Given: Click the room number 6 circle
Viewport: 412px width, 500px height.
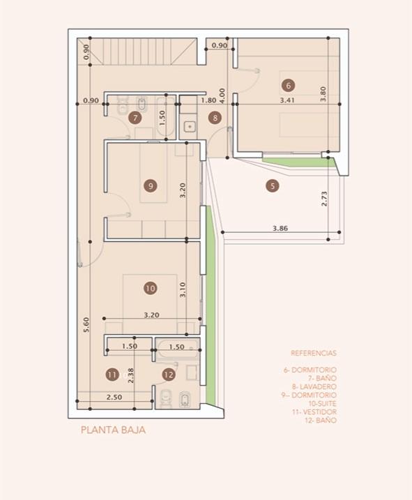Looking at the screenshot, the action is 289,86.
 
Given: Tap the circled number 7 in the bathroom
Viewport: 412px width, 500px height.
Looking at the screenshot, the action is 135,118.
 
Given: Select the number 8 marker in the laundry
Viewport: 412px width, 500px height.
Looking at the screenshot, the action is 215,118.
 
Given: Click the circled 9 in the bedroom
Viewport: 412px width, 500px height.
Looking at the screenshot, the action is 151,185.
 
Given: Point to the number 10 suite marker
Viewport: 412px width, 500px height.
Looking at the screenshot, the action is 151,288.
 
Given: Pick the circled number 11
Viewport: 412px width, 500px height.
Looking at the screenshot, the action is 112,374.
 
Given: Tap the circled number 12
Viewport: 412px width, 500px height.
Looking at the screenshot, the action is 169,374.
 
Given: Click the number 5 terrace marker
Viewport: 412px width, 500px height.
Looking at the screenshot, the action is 273,185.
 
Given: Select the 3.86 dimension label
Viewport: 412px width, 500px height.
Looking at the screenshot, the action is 280,228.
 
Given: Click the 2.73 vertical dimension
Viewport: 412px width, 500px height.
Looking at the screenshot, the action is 324,199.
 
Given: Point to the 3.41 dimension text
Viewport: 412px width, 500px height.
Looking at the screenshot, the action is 287,100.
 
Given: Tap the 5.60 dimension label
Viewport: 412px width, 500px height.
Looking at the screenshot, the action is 86,325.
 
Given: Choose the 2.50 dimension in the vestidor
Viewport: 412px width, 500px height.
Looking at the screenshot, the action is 114,397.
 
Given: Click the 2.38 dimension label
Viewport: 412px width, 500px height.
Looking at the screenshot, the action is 130,376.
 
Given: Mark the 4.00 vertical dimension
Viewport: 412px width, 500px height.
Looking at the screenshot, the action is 222,96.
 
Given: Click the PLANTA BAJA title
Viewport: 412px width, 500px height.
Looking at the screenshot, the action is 113,430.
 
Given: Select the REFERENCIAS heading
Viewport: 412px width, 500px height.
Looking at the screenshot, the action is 314,353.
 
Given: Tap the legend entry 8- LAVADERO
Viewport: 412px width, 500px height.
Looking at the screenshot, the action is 314,386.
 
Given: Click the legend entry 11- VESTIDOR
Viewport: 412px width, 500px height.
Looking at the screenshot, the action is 314,411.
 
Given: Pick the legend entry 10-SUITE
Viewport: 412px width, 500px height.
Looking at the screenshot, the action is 322,403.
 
